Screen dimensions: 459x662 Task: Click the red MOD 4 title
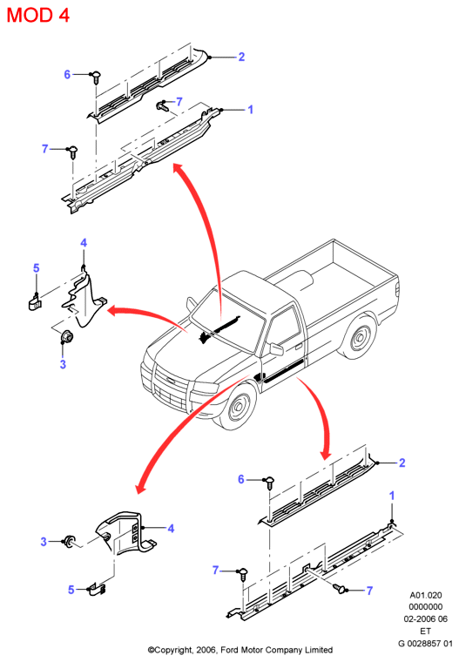(38, 15)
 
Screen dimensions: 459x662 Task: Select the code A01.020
(426, 595)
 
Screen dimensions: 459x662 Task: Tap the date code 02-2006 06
(426, 619)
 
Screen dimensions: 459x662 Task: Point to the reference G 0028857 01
(425, 644)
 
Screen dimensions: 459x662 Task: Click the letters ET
(425, 632)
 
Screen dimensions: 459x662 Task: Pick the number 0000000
(426, 607)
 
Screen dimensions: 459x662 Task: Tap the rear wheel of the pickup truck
(359, 338)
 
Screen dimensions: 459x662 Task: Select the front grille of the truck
(170, 386)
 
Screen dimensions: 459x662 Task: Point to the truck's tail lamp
(397, 289)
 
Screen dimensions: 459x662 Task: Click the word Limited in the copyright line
(319, 650)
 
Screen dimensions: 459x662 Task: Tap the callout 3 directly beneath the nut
(63, 364)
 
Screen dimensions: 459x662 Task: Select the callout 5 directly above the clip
(37, 268)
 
